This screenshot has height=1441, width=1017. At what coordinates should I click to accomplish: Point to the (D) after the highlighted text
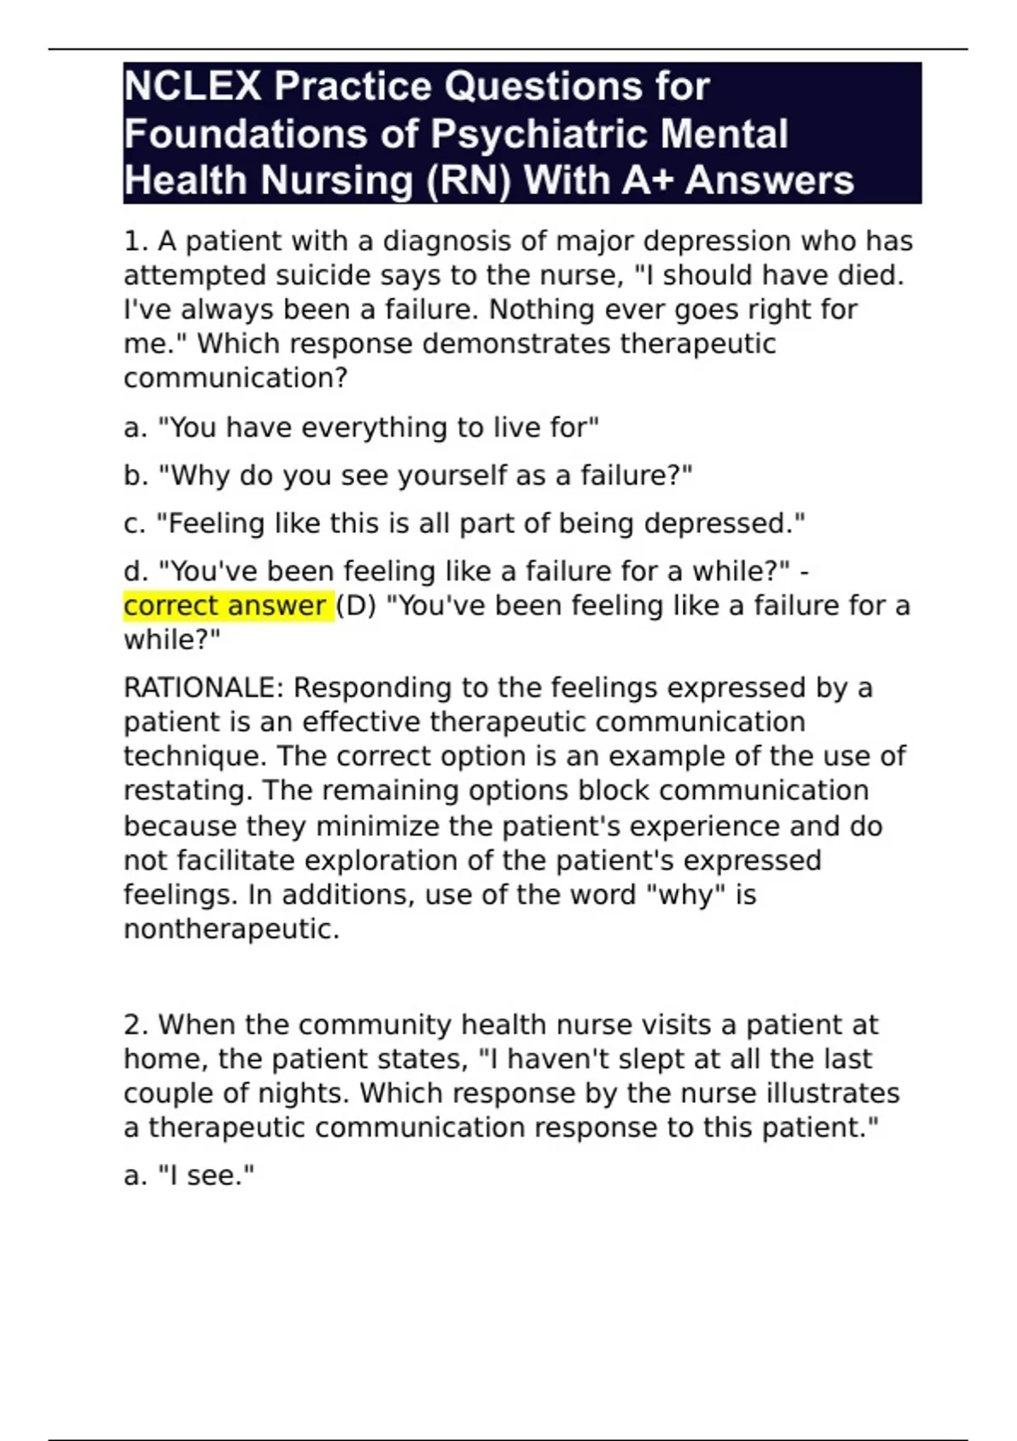click(356, 606)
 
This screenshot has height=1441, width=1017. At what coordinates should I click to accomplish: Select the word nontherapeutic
click(231, 929)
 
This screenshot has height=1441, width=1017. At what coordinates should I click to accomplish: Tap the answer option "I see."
click(205, 1176)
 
